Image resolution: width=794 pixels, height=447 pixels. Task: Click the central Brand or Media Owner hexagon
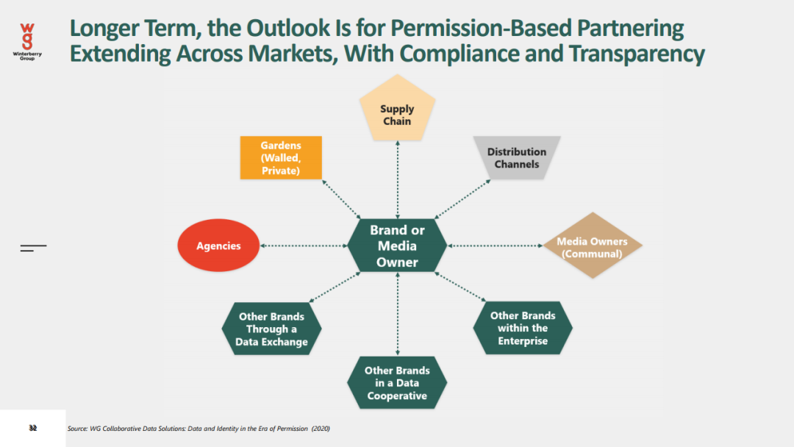point(397,246)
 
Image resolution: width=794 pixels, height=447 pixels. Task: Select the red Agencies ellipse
point(218,246)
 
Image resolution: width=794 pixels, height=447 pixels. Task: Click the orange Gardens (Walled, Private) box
point(281,157)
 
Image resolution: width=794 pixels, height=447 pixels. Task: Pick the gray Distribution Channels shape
point(517,157)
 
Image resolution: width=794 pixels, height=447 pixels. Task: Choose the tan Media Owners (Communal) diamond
point(592,246)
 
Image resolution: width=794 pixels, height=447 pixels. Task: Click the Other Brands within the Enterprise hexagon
point(523,328)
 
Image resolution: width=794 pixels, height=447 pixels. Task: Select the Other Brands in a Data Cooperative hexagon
point(397,382)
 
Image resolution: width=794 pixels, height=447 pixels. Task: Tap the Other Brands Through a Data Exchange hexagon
point(271,329)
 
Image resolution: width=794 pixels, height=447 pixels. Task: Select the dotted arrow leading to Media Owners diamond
point(494,246)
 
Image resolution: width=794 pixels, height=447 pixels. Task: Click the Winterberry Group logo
point(27,41)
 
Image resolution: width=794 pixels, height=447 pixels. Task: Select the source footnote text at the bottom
point(204,428)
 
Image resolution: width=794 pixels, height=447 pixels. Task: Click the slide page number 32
point(32,428)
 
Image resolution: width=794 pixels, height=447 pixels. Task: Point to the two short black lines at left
point(32,248)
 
